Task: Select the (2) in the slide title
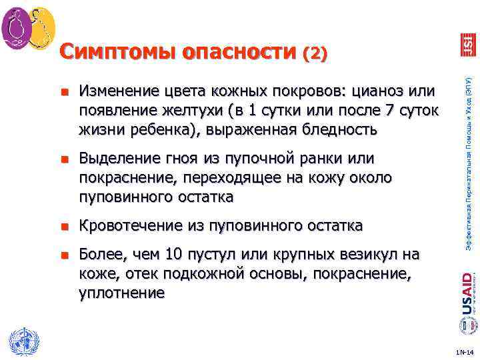[315, 53]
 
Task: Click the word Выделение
[120, 159]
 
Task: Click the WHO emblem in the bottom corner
[22, 341]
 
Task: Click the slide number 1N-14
[465, 351]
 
